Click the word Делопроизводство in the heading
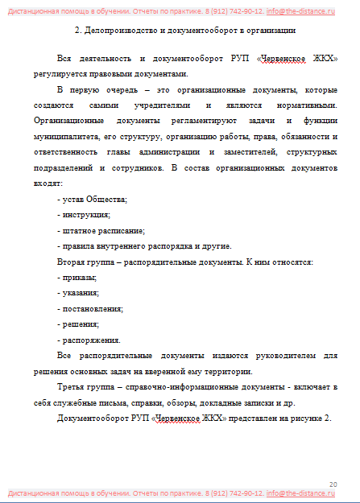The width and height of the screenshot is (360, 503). (122, 31)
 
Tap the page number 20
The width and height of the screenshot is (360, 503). (333, 482)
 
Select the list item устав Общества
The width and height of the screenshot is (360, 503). (93, 199)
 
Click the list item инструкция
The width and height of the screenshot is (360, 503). (84, 215)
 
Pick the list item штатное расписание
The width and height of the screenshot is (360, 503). (101, 230)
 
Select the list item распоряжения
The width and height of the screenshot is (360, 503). (89, 340)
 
